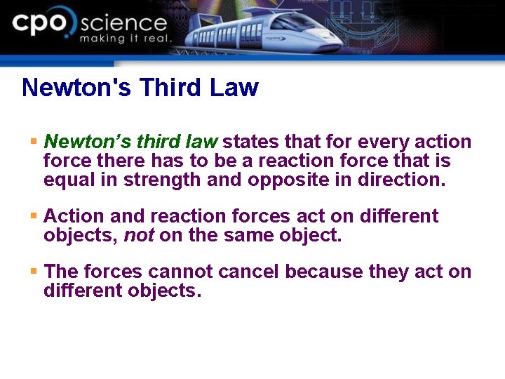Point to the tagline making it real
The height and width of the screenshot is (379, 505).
tap(125, 39)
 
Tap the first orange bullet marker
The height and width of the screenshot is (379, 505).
tap(33, 142)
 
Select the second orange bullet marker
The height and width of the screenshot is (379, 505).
tap(33, 216)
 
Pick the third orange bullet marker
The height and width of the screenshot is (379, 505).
tap(33, 272)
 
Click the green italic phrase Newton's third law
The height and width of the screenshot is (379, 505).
tap(130, 142)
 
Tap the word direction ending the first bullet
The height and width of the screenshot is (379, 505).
tap(401, 180)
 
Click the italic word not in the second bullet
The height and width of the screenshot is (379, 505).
tap(139, 235)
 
